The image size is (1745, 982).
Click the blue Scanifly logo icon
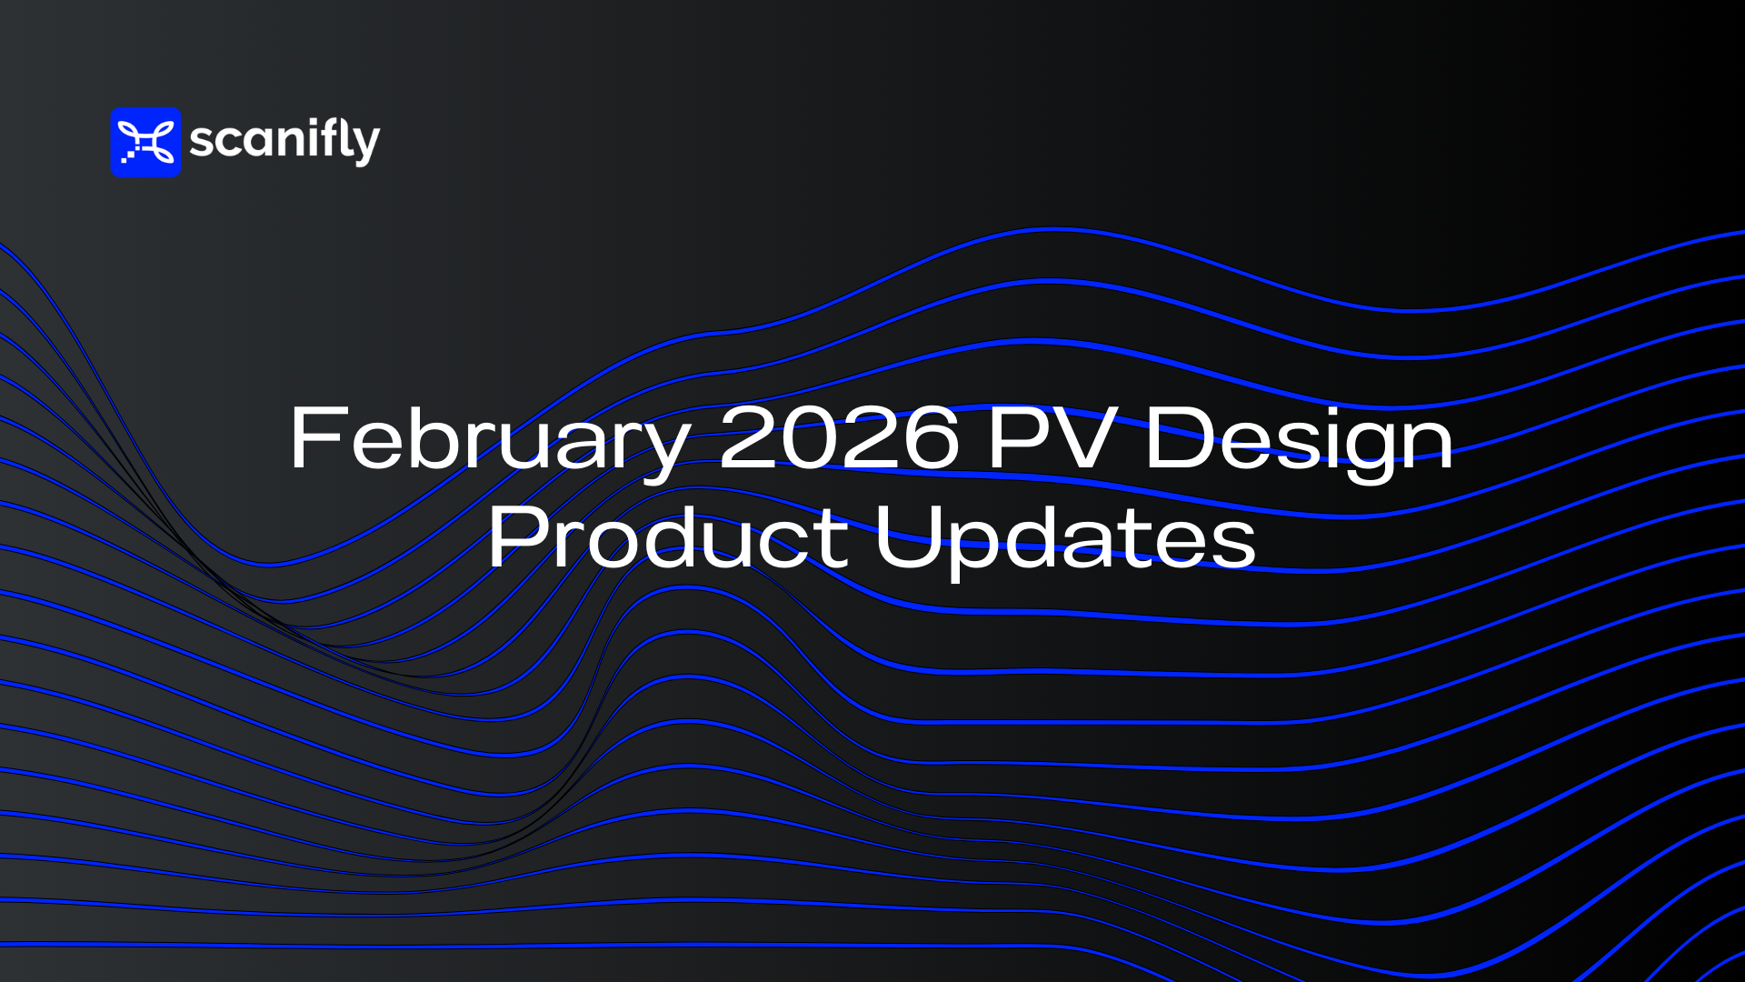click(145, 143)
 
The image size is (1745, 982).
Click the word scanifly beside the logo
click(284, 141)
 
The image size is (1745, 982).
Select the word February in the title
click(491, 443)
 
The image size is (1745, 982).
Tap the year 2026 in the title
click(839, 437)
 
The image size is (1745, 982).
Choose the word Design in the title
click(1300, 443)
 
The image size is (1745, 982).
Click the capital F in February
click(317, 437)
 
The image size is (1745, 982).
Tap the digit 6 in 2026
click(929, 437)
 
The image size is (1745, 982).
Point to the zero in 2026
click(810, 437)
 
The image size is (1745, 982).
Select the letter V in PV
click(1083, 437)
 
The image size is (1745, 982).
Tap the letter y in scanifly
click(365, 146)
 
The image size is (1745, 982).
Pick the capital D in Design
click(1179, 437)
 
